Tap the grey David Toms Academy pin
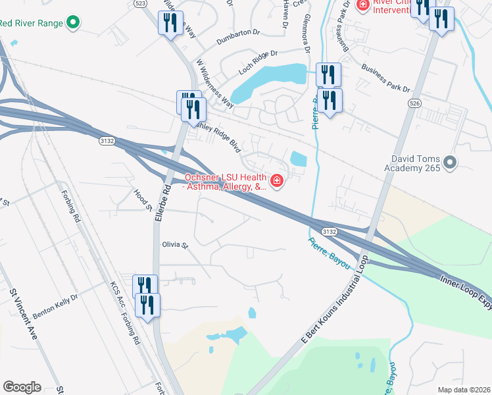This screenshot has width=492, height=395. (x=450, y=162)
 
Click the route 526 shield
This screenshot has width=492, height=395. (x=413, y=103)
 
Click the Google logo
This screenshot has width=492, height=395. (x=22, y=387)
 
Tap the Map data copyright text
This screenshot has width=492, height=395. (x=464, y=389)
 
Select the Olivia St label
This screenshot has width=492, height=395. (x=175, y=245)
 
